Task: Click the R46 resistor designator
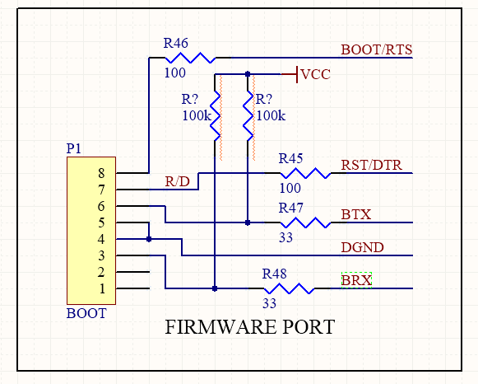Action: pos(175,43)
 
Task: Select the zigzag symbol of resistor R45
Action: pos(305,173)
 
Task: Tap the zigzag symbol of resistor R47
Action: pos(305,222)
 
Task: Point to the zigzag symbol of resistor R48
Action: pos(289,288)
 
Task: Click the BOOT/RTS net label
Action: pos(377,49)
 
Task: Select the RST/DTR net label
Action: pos(372,165)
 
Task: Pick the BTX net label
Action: pos(356,214)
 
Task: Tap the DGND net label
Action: pos(362,247)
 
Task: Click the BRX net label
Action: pos(356,280)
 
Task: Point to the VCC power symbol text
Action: pos(316,74)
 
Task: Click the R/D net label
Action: pos(177,181)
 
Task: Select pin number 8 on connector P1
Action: pos(101,173)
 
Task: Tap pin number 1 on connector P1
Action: pos(102,288)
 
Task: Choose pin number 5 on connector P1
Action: pos(101,222)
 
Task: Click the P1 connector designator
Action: pos(74,148)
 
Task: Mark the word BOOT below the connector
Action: pos(86,313)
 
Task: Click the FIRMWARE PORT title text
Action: pos(250,327)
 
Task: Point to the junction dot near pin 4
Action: pos(149,239)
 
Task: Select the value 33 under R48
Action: pos(270,303)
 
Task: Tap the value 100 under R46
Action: pos(175,73)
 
